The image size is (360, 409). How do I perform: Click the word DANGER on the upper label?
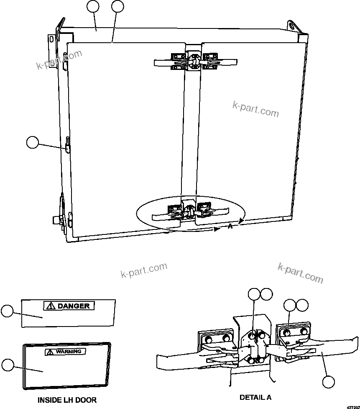tap(74, 306)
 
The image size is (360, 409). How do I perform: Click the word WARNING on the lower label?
tap(69, 352)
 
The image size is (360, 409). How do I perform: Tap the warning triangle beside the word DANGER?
tap(51, 306)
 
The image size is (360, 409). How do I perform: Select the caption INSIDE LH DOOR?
tap(67, 400)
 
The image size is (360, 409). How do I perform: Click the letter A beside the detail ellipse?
tap(230, 226)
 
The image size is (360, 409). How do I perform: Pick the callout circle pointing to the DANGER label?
tap(7, 311)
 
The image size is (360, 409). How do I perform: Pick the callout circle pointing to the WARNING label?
tap(7, 365)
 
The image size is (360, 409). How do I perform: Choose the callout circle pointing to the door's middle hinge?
tap(32, 142)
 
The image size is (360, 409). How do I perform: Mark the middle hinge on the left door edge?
tap(67, 145)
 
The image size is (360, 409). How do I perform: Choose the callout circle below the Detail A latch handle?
tap(329, 382)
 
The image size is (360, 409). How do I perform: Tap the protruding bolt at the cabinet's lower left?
tap(55, 220)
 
